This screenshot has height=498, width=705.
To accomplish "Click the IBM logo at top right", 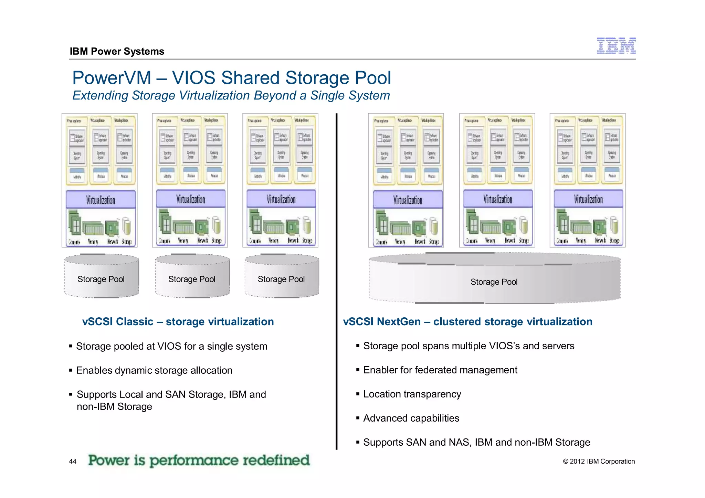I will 616,46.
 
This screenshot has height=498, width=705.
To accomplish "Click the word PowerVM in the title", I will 112,78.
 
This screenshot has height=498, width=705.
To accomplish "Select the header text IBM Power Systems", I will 117,51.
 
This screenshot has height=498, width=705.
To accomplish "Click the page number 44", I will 73,462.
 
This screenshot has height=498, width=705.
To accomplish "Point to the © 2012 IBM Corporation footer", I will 599,462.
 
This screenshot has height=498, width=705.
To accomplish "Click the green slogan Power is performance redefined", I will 199,460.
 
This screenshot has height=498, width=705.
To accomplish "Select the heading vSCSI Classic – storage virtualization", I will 178,321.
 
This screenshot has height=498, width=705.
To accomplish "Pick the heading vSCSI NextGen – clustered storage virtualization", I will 467,321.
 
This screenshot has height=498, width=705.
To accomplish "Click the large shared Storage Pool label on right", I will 494,282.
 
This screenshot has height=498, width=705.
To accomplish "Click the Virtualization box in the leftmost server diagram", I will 101,200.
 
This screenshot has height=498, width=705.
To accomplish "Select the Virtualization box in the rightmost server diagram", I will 588,199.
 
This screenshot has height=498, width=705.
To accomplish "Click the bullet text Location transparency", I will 412,394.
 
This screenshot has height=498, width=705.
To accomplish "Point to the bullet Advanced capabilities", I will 411,418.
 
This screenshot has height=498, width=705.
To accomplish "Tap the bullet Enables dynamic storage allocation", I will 154,370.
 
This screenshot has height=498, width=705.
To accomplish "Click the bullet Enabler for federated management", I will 440,370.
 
